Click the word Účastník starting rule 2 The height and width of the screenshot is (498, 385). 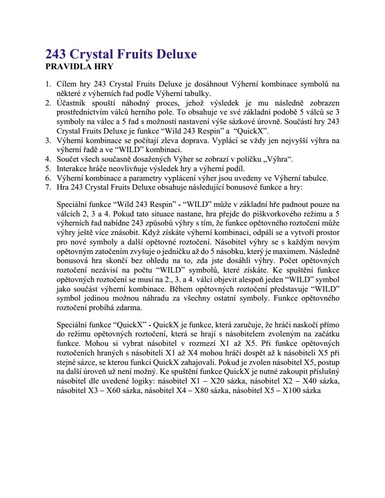(71, 103)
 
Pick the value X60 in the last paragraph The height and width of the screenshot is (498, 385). (114, 390)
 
